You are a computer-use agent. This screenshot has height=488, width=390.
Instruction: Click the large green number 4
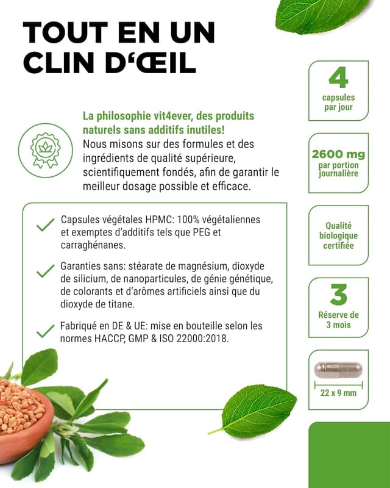tap(338, 77)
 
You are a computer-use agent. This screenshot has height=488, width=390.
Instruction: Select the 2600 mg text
tap(338, 154)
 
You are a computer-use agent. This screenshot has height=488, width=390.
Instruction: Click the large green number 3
tap(338, 295)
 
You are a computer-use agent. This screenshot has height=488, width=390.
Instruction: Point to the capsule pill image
tap(338, 370)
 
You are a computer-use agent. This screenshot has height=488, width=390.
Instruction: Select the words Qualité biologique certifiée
tap(338, 235)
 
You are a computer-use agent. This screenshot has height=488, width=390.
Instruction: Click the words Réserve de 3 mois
tap(338, 320)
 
